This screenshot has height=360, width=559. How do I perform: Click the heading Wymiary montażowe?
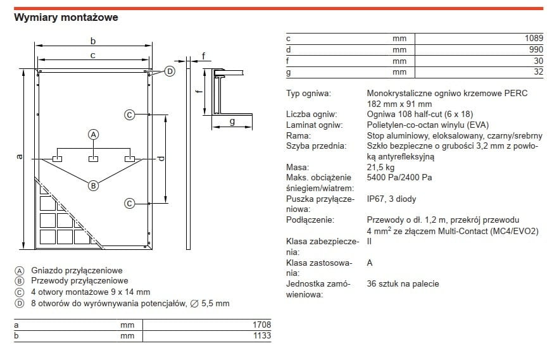[66, 17]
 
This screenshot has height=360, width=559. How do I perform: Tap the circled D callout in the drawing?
[170, 71]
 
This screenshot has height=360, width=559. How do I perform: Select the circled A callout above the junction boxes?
[94, 135]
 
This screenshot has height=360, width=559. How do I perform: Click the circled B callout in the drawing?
[94, 186]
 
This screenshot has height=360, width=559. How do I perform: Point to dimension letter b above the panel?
[93, 41]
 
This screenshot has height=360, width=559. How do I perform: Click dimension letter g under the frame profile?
[232, 121]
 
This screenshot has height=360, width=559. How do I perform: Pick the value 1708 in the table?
[261, 325]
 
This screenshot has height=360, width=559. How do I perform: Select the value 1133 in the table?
[262, 336]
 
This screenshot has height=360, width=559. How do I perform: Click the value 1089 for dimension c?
[534, 38]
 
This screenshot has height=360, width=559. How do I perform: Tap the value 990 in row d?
[536, 49]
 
